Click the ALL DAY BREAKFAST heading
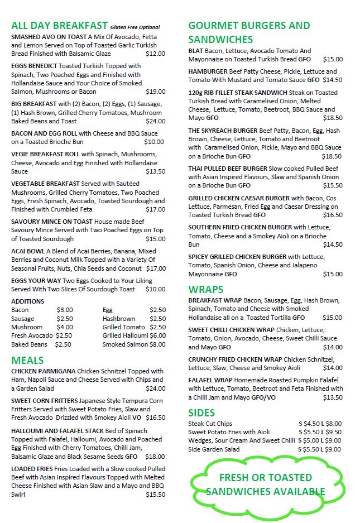tap(59, 26)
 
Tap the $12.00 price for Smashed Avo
tap(155, 54)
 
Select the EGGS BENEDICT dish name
tap(32, 66)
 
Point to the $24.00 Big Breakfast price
tap(155, 121)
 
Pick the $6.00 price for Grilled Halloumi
tap(157, 335)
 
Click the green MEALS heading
tap(27, 360)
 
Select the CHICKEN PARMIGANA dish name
tap(43, 371)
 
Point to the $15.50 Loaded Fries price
tap(155, 495)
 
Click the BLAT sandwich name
tap(198, 51)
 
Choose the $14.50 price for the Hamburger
tap(333, 80)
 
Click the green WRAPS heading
tap(206, 290)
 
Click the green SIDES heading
tap(201, 413)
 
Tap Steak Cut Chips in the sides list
tap(210, 424)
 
